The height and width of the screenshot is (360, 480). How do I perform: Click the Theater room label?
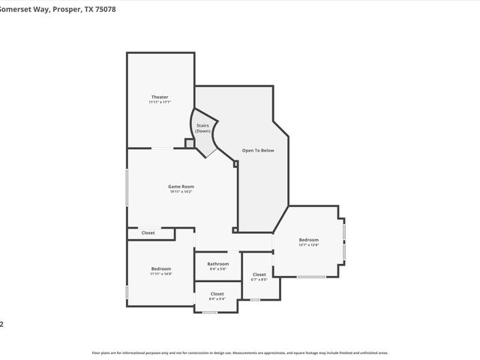(x=160, y=97)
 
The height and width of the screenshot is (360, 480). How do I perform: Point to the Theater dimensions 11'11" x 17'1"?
(x=160, y=102)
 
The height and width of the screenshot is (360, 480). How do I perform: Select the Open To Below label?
(x=258, y=151)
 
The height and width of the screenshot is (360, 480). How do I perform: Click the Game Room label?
(x=181, y=186)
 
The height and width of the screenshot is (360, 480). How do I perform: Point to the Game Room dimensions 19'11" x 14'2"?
(x=181, y=192)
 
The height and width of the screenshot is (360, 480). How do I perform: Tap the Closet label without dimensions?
(x=148, y=233)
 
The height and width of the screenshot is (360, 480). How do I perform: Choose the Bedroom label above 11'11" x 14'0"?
(x=160, y=268)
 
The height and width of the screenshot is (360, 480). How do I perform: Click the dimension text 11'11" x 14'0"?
(x=160, y=274)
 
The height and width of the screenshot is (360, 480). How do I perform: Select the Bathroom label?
(x=218, y=263)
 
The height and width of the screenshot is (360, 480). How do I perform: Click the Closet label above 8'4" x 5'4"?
(x=217, y=293)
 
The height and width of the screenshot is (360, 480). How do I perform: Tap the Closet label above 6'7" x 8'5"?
(x=259, y=274)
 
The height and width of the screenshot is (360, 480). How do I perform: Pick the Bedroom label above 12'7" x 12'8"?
(x=309, y=239)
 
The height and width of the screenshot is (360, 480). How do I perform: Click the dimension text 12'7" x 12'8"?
(x=309, y=244)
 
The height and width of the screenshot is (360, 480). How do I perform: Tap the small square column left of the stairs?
(x=189, y=143)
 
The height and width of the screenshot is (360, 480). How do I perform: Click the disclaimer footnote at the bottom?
(x=240, y=352)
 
